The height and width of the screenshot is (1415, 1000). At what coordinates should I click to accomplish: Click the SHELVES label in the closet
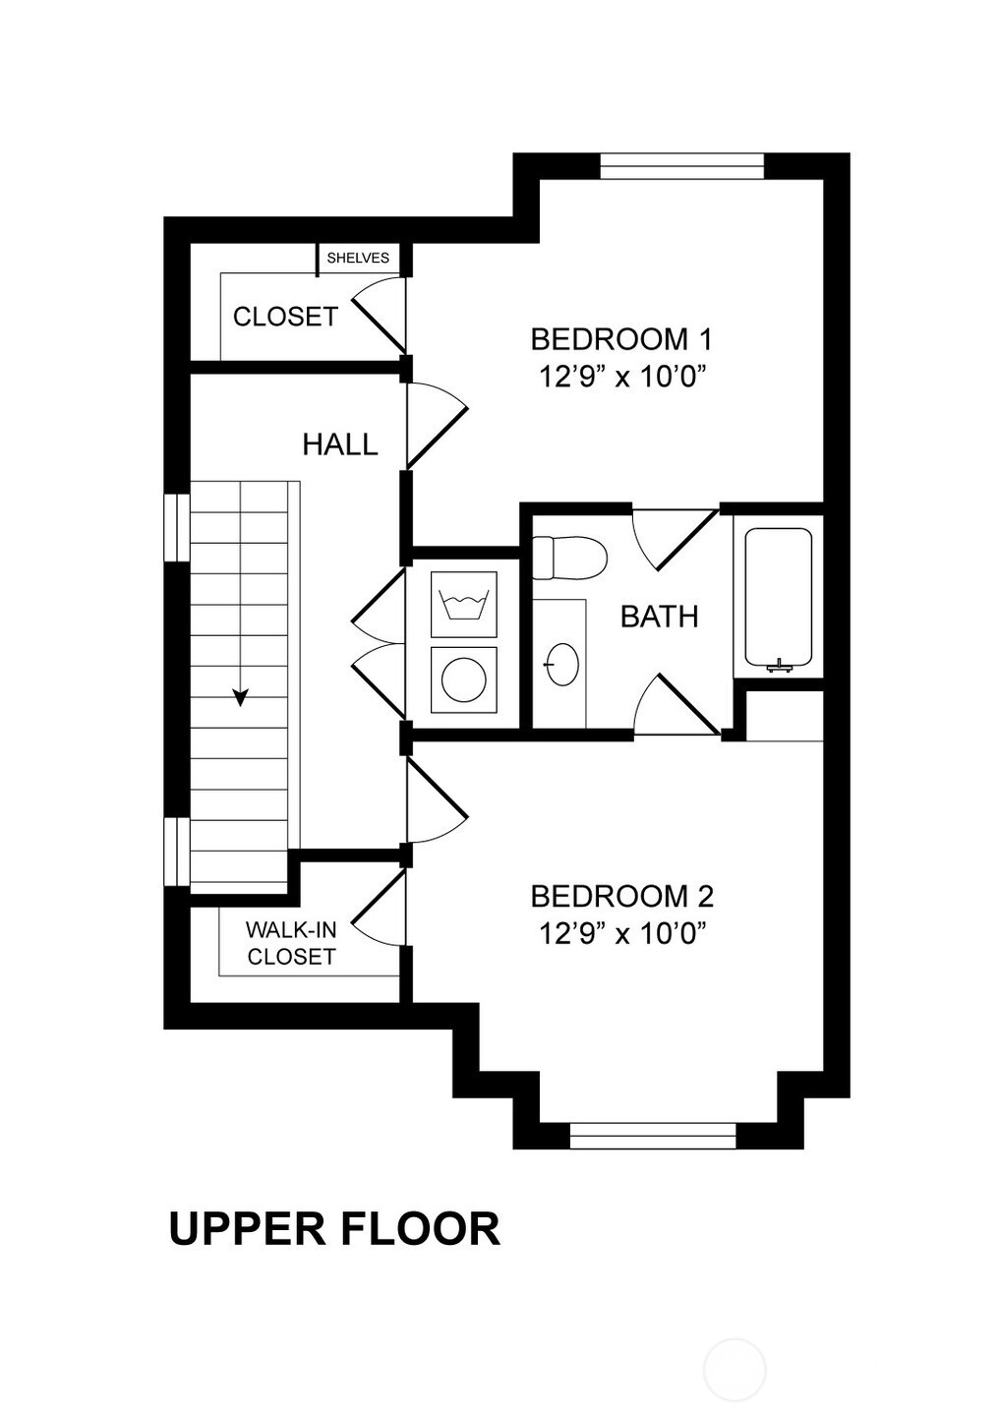[x=358, y=259]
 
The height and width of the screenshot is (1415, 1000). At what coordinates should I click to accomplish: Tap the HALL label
[x=340, y=444]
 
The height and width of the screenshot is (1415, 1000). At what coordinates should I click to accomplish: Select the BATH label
[x=660, y=617]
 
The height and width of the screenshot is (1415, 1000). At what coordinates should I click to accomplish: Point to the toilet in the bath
[x=569, y=558]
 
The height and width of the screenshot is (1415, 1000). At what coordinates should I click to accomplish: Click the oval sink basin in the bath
[x=562, y=665]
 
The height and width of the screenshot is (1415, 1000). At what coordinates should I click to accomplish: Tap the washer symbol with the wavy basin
[x=464, y=605]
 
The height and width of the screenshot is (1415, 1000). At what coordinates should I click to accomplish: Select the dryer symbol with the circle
[x=464, y=679]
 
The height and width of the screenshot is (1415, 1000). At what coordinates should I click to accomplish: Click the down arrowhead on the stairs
[x=240, y=697]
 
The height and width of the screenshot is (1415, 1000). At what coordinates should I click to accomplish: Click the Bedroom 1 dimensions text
[x=621, y=379]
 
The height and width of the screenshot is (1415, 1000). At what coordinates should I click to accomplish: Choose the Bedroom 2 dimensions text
[x=621, y=933]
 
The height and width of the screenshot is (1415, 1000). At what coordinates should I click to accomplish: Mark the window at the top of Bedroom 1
[x=681, y=166]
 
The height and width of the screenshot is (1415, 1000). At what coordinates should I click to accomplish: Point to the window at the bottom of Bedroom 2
[x=653, y=1135]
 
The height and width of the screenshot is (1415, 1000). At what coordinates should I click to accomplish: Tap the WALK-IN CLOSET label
[x=291, y=943]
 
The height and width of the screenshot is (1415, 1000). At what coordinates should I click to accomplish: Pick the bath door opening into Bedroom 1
[x=676, y=538]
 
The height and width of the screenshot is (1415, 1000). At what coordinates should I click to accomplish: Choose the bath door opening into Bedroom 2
[x=676, y=705]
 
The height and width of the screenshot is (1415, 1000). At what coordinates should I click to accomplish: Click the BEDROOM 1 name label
[x=621, y=339]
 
